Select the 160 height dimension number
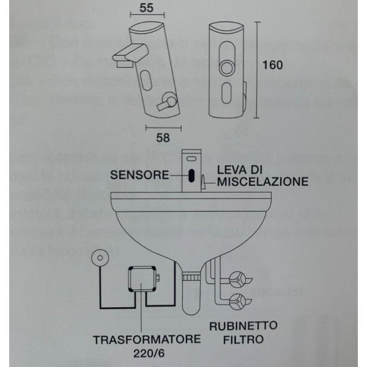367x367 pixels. pyautogui.click(x=272, y=65)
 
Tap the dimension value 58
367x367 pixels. pyautogui.click(x=163, y=138)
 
